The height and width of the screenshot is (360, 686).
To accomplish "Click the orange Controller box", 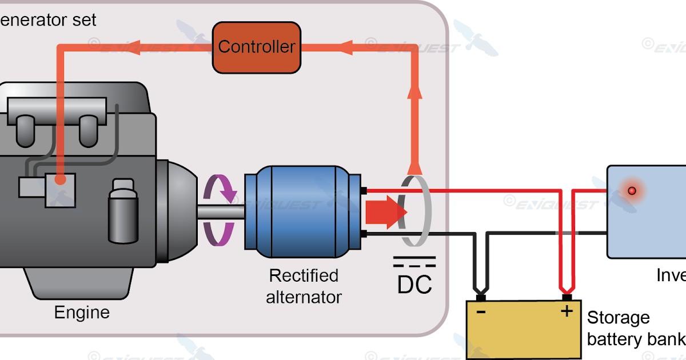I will pos(256,47).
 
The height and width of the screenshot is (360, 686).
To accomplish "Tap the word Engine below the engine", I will pos(82,313).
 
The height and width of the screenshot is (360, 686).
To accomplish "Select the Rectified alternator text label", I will pos(304,286).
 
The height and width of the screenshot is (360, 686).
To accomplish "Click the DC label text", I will pos(414,285).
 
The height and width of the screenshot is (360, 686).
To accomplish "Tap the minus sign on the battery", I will pos(481,312).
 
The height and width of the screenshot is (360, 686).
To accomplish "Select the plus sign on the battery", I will pos(567,311).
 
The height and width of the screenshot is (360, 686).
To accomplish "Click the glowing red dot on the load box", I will pos(632,190).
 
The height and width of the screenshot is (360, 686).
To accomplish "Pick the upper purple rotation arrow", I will pos(222,188).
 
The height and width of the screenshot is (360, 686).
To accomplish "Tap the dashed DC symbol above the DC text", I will pos(414,262).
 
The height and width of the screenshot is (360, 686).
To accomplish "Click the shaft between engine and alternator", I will pos(220,211).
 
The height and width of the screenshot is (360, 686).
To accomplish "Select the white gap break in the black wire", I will pos(567,233).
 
